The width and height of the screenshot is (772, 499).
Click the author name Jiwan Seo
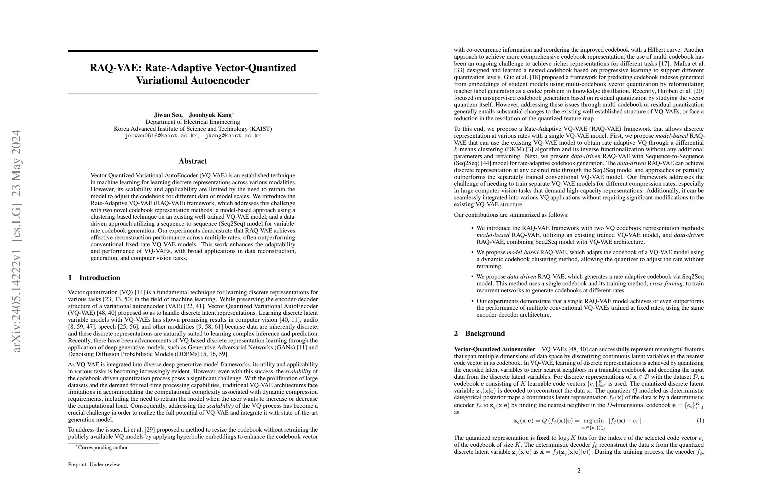point(168,115)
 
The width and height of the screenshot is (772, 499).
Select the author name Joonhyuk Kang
point(210,115)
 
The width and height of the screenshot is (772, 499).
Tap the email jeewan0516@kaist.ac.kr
point(161,136)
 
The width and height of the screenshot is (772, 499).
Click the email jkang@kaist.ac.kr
point(233,136)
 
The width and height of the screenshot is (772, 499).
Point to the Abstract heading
point(193,161)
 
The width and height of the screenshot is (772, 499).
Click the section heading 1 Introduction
point(94,278)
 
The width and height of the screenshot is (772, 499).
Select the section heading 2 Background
point(479,333)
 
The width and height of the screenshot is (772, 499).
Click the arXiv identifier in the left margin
point(16,241)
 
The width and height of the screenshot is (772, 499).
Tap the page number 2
point(579,470)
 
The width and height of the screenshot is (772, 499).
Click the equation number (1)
point(700,421)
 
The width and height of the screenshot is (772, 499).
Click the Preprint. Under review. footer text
point(94,465)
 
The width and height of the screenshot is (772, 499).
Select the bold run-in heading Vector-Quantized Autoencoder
point(494,349)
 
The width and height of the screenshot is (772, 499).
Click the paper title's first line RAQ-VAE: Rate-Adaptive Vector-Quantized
point(193,68)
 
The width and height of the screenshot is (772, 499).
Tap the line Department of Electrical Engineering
point(193,122)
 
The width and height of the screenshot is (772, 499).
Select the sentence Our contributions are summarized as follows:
point(511,215)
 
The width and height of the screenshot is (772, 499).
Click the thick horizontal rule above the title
point(193,51)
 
